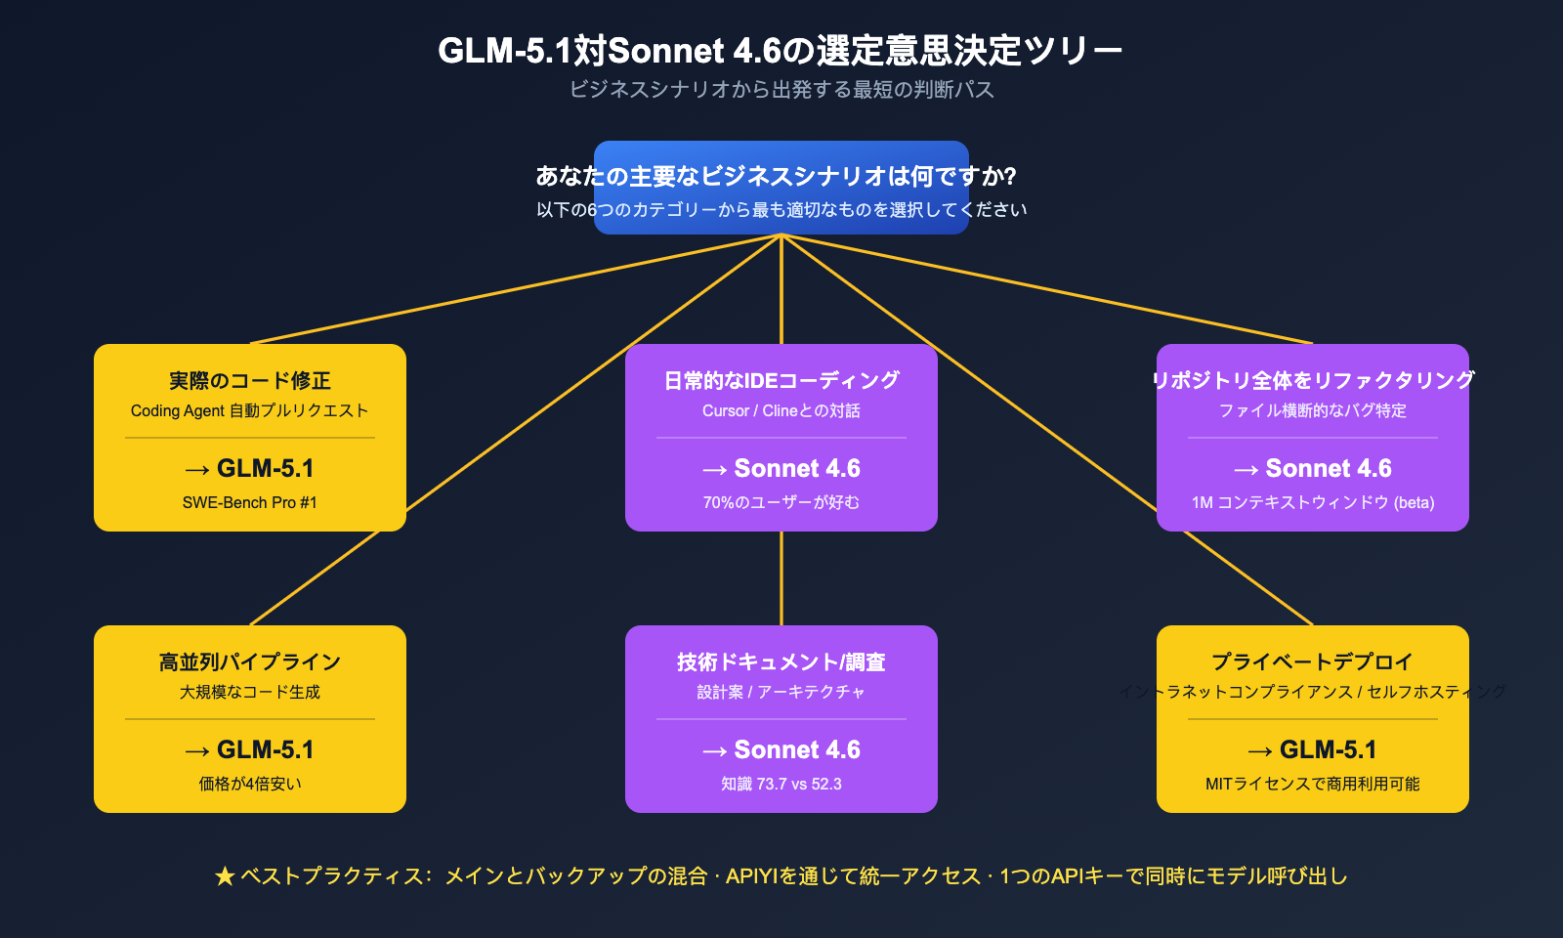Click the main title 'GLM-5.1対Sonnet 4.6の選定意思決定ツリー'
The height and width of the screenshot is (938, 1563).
(x=780, y=50)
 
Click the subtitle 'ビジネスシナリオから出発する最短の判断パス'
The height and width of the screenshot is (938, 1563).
(x=781, y=90)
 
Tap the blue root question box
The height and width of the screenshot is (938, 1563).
(x=781, y=188)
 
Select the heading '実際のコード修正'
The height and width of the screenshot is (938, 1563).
(x=250, y=380)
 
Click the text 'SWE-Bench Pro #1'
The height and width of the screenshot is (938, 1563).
(x=250, y=502)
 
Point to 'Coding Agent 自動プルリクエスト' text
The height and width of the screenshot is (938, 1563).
(x=250, y=410)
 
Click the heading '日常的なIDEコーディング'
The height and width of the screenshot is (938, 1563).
(x=781, y=380)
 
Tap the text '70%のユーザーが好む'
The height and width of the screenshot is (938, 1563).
(x=781, y=502)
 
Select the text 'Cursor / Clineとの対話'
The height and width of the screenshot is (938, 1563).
(x=781, y=410)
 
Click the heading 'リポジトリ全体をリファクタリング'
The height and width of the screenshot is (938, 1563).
(x=1313, y=380)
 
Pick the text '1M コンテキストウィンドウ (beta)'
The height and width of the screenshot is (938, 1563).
(x=1313, y=502)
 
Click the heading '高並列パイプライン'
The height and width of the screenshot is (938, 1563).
(x=250, y=661)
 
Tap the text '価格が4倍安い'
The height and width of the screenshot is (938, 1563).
(x=250, y=784)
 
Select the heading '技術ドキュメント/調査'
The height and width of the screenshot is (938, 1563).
(x=781, y=661)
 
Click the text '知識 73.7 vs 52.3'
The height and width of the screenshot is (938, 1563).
(x=781, y=784)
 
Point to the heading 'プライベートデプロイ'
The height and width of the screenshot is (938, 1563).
(x=1313, y=661)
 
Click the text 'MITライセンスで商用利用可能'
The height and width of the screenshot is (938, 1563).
(x=1313, y=784)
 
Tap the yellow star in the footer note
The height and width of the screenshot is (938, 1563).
(x=225, y=876)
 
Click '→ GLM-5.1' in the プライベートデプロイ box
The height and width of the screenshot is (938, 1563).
(x=1313, y=749)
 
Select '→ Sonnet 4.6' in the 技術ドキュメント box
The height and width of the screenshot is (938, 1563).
(x=781, y=749)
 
